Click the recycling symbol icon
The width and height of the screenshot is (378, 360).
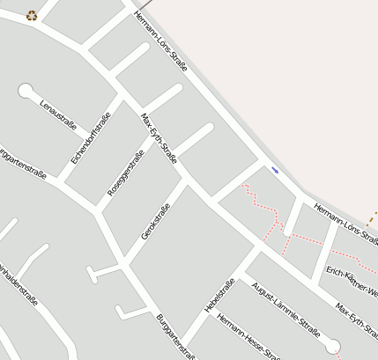point(32,14)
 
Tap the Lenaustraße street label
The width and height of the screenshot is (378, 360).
point(58,114)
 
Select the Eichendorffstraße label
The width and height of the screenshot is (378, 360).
point(91,139)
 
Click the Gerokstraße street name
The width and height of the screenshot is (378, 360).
point(155,221)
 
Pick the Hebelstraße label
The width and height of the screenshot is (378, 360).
point(219,295)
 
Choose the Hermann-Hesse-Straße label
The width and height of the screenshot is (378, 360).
point(248,337)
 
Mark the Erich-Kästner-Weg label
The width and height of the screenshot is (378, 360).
point(352,281)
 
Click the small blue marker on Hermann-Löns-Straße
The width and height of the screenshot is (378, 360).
point(275,170)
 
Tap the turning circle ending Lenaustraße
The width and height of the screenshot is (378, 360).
point(26,90)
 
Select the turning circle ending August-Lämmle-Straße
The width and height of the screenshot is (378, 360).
point(333,344)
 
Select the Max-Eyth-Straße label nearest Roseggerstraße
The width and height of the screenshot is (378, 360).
point(159,138)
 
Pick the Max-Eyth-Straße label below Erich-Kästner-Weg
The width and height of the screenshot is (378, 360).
point(356,320)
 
